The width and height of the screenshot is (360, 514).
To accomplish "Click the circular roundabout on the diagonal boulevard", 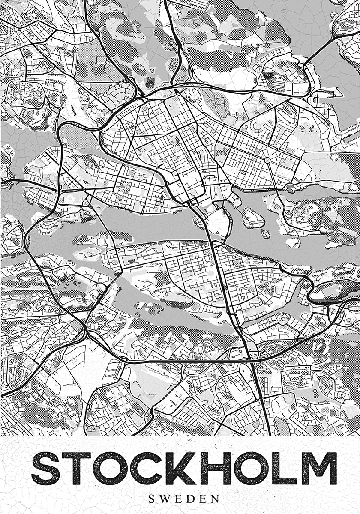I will click(267, 160).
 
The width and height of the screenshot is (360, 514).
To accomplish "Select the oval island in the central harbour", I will click(253, 218).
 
